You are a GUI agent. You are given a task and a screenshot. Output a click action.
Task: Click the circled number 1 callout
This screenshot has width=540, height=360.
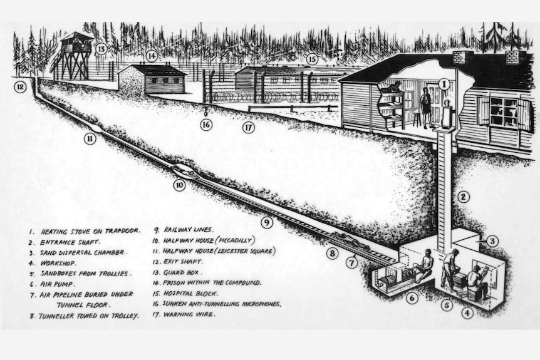[443, 83]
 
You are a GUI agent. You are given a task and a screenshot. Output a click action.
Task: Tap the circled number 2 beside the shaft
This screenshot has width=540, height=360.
[463, 197]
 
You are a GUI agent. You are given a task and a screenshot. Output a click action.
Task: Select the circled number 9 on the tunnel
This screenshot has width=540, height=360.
[266, 222]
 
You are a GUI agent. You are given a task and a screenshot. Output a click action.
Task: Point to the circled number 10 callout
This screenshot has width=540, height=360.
[179, 185]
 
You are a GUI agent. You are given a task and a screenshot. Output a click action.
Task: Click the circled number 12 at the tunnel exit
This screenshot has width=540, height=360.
[20, 87]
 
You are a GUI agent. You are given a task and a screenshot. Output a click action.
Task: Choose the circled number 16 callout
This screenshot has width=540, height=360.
[206, 125]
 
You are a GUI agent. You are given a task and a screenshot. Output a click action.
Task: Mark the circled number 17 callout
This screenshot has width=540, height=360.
[249, 128]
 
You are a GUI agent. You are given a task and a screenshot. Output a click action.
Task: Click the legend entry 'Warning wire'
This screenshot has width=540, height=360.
[189, 314]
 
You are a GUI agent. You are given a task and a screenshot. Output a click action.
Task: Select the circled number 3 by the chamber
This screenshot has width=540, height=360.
[492, 241]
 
